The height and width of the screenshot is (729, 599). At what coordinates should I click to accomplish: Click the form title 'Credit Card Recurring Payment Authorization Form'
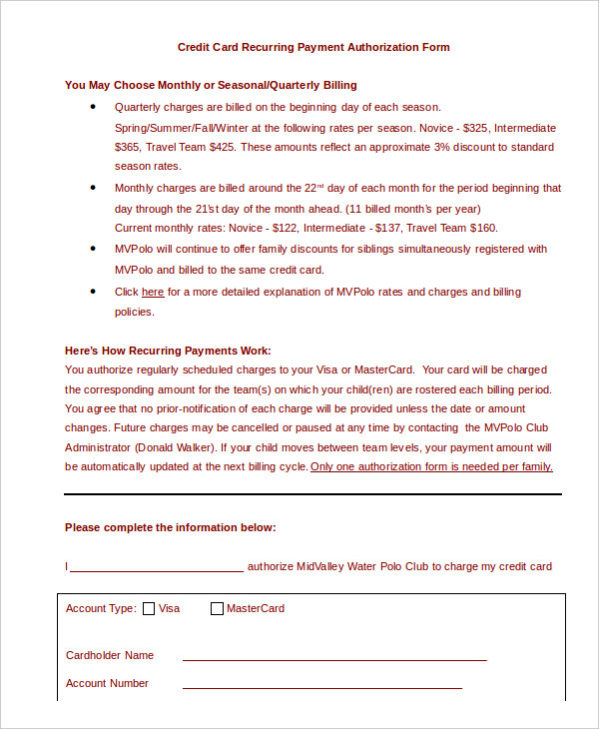click(313, 47)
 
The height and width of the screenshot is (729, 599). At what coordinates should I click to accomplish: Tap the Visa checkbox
click(150, 608)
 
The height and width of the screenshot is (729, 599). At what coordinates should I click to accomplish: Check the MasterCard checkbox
click(217, 608)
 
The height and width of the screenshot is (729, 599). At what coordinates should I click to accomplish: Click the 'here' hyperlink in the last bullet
click(153, 293)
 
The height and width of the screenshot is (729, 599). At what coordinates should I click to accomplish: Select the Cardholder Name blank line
click(333, 658)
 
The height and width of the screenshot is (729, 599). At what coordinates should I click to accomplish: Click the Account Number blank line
click(321, 686)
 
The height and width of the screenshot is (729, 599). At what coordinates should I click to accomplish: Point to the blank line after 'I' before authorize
click(157, 568)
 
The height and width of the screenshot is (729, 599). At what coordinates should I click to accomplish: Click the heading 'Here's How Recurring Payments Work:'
click(168, 351)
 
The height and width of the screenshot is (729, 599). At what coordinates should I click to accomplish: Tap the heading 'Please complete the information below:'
click(170, 527)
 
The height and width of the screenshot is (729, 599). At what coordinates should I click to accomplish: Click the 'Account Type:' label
click(99, 608)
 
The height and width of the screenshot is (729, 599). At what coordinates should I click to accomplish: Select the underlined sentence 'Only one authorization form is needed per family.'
click(431, 466)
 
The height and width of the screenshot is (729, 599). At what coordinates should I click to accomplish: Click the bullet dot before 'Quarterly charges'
click(94, 106)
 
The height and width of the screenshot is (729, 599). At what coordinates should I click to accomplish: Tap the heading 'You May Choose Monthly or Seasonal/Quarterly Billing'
click(211, 85)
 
